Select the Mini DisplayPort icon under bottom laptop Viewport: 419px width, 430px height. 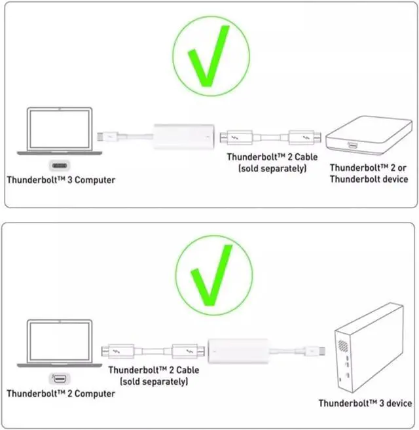point(58,380)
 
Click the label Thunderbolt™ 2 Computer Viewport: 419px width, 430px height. point(60,393)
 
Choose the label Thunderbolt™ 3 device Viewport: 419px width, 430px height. point(365,403)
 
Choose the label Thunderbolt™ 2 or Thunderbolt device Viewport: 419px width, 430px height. point(369,173)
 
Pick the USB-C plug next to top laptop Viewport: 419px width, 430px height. point(109,138)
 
